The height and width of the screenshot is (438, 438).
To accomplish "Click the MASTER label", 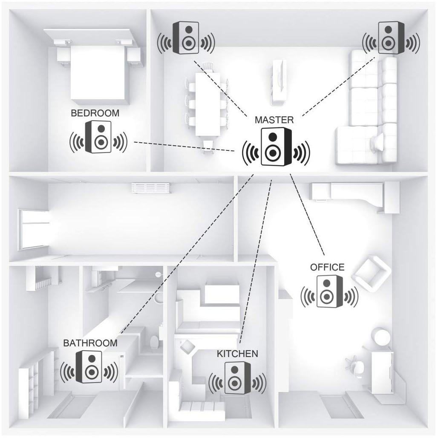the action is (274, 120).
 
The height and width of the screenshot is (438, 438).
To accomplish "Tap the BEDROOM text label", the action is (95, 113).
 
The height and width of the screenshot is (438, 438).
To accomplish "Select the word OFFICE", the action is (327, 267).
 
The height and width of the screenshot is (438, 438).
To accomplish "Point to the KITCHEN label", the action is (237, 354).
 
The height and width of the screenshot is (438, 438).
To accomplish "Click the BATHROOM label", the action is (90, 343).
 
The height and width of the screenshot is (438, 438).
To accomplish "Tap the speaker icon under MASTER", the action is (276, 147).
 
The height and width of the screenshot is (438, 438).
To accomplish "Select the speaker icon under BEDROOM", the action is (98, 137).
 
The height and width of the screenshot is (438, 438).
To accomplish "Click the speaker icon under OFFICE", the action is (329, 291).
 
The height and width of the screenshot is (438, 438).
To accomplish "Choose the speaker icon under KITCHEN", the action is (237, 378).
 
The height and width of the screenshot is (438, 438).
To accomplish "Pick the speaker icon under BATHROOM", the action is (89, 367).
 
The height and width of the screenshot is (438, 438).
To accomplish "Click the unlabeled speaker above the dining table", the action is (186, 38).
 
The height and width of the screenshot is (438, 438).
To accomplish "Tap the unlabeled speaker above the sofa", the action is (391, 38).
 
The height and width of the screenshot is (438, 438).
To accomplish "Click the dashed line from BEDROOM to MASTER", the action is (184, 147).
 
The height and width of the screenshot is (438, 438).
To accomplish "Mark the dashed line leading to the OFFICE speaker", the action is (307, 215).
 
